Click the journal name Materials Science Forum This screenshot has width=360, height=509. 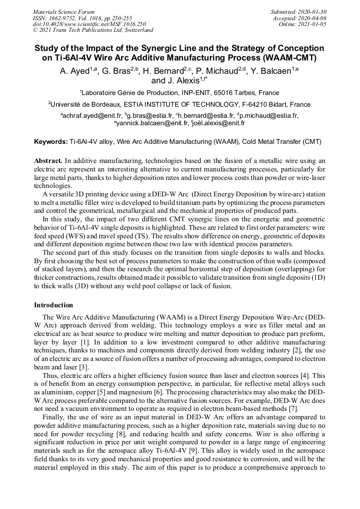(64, 11)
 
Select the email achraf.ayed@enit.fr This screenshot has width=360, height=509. (93, 115)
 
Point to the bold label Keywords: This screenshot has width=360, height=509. (51, 142)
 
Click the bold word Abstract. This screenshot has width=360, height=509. (48, 160)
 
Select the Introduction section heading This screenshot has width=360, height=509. (54, 305)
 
